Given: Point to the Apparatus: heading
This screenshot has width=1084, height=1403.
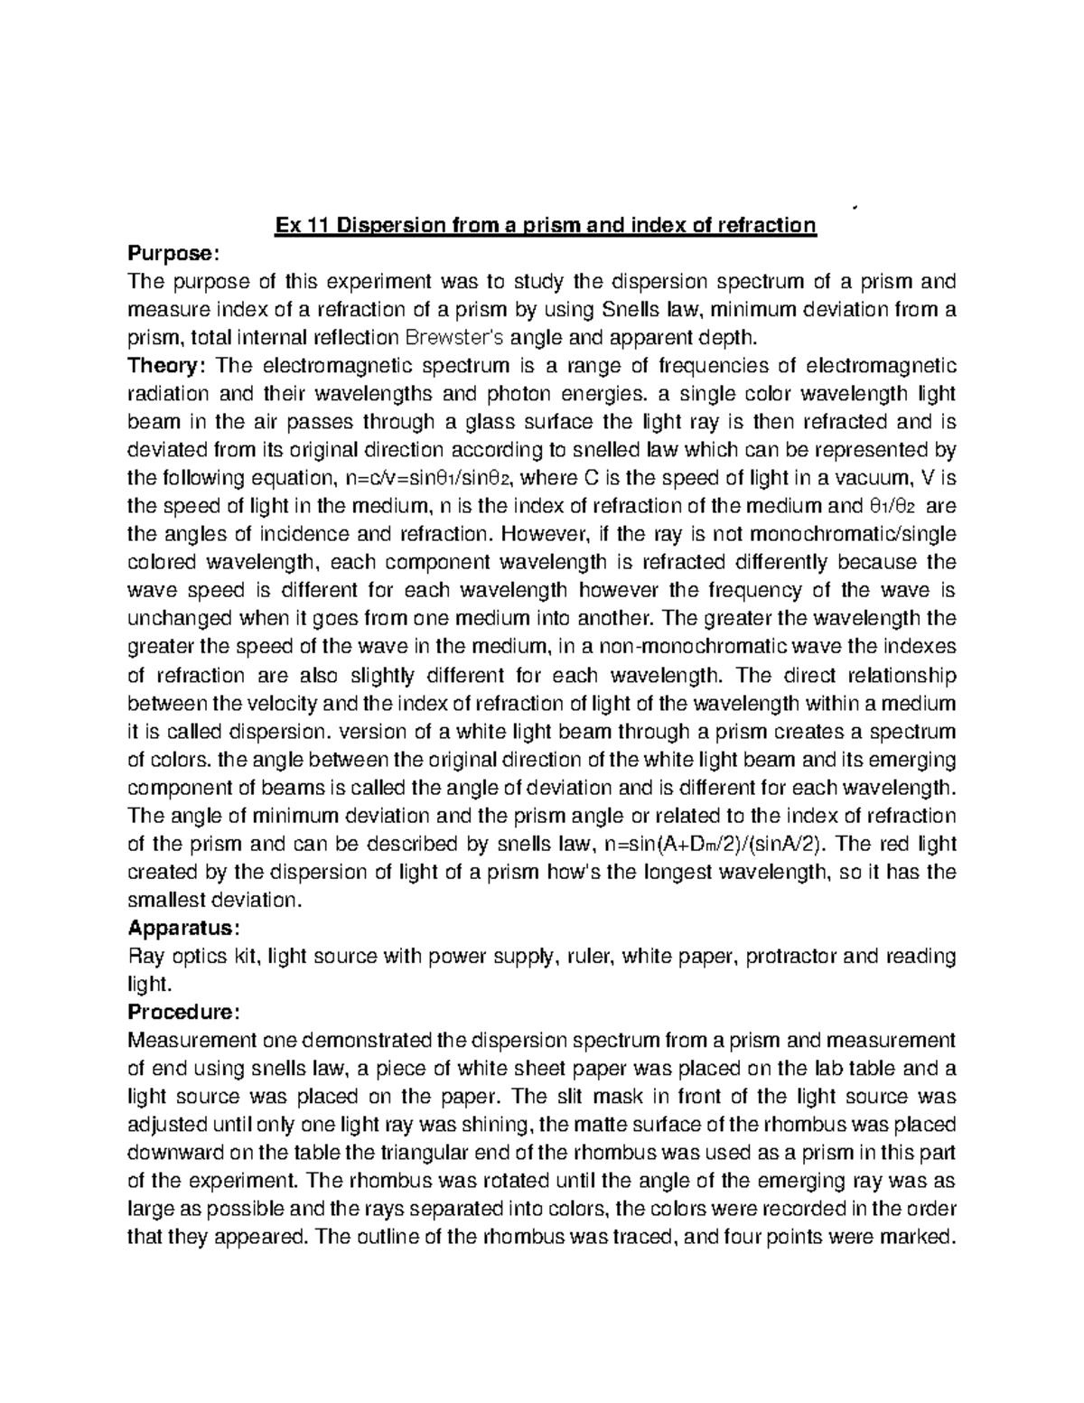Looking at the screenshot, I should (x=183, y=928).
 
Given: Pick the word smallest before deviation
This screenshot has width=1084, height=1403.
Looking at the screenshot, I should (x=164, y=900).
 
